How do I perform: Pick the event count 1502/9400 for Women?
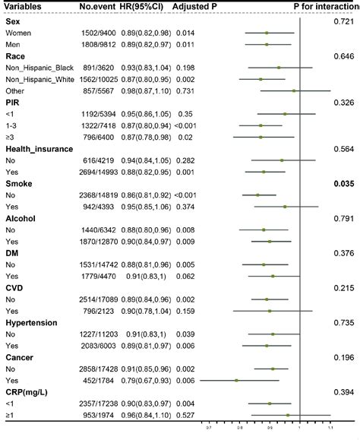tap(100, 33)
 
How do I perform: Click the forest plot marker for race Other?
tap(294, 90)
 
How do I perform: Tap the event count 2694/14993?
tap(99, 173)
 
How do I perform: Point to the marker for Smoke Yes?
tap(285, 207)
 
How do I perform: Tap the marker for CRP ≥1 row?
tap(288, 416)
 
